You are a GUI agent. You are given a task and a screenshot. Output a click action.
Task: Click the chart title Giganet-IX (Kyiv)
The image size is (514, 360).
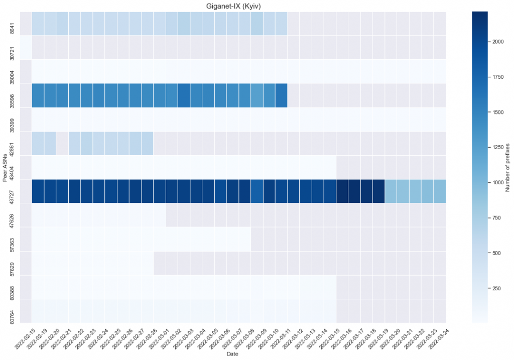(232, 6)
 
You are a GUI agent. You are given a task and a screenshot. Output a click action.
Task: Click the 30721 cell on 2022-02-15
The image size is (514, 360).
(26, 47)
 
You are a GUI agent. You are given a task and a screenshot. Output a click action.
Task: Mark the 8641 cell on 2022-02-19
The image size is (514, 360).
(38, 23)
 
